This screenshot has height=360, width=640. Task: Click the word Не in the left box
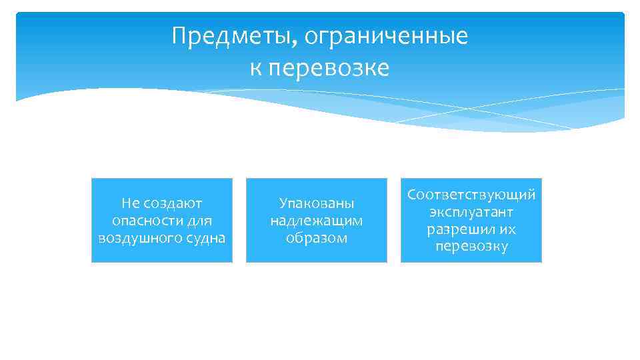click(130, 203)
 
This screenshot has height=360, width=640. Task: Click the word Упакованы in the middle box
click(317, 203)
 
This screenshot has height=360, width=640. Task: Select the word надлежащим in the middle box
click(317, 220)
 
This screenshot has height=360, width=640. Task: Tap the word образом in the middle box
click(317, 238)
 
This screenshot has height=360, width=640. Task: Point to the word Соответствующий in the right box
click(471, 195)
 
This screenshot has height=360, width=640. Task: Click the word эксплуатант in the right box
click(471, 212)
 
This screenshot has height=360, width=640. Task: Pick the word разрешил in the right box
click(461, 229)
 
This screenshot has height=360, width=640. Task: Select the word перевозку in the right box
click(471, 247)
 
